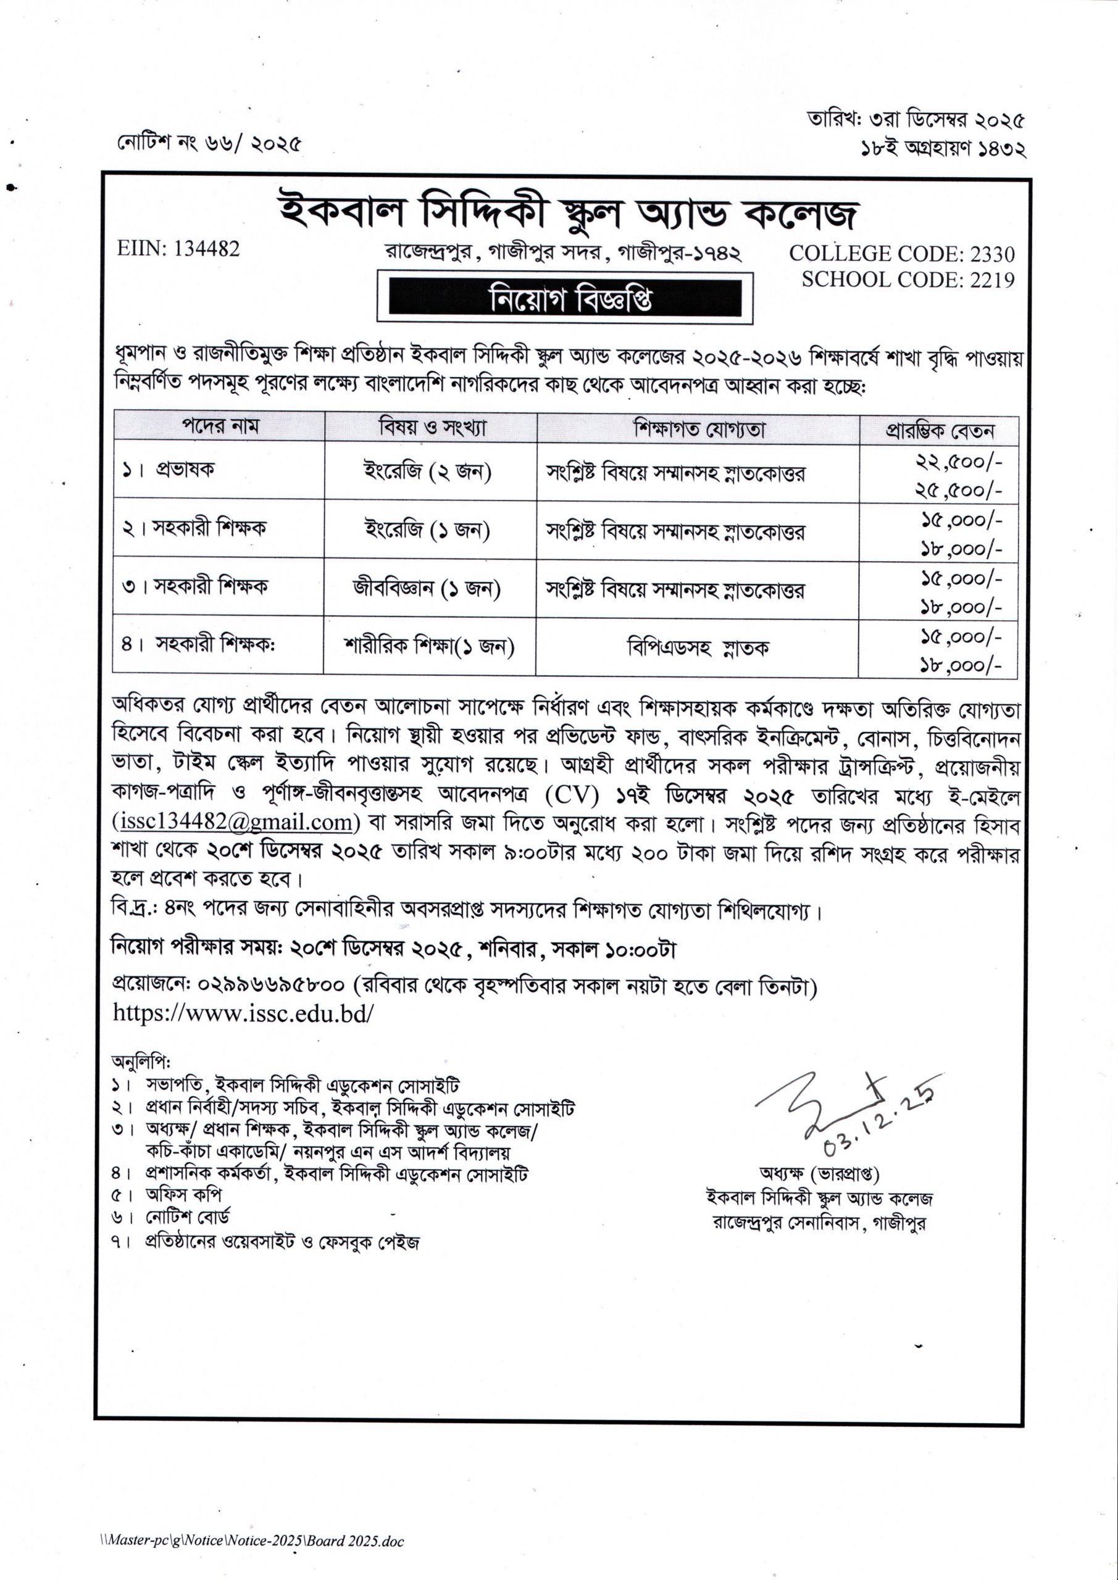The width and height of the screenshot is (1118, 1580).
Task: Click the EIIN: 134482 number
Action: (178, 249)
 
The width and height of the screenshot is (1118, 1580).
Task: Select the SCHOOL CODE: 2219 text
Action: (907, 280)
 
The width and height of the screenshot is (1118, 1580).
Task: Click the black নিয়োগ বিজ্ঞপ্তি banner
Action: (564, 299)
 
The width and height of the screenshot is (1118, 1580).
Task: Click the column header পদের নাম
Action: (220, 426)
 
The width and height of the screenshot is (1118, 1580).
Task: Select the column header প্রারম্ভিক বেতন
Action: (939, 431)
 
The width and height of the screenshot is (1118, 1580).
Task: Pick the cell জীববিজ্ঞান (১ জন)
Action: (427, 588)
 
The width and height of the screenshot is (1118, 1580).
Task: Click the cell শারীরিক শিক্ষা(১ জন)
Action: (430, 646)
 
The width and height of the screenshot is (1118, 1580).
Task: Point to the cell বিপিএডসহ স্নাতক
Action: (698, 647)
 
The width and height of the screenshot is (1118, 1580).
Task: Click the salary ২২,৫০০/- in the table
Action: (957, 462)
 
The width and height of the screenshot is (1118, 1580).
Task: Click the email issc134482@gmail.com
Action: (235, 822)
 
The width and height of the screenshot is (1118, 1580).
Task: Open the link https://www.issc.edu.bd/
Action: (244, 1013)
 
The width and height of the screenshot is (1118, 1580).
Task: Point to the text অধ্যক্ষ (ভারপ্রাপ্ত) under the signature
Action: (819, 1173)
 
